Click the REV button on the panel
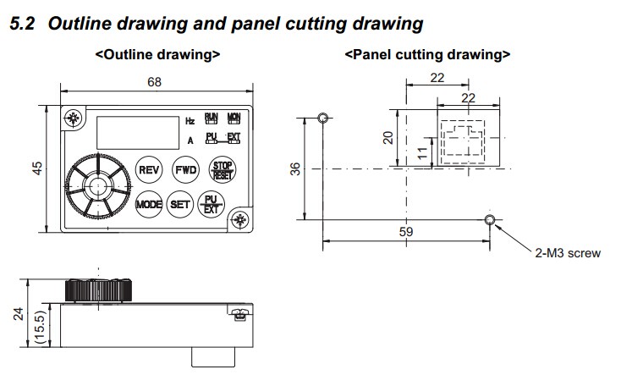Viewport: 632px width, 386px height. [x=149, y=169]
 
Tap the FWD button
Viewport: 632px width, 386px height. [x=185, y=169]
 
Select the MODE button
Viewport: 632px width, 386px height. [x=149, y=204]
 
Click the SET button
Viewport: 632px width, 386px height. [x=180, y=204]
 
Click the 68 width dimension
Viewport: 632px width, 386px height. [x=154, y=82]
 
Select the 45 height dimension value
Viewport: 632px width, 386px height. [x=37, y=168]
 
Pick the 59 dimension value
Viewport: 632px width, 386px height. [x=405, y=230]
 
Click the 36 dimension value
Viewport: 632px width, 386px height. [x=295, y=168]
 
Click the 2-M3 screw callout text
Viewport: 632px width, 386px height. [x=567, y=253]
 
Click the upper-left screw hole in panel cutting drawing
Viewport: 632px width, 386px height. [x=321, y=118]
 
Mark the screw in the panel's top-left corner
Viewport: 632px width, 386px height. [x=74, y=119]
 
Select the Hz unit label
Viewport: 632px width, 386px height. [x=190, y=122]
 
